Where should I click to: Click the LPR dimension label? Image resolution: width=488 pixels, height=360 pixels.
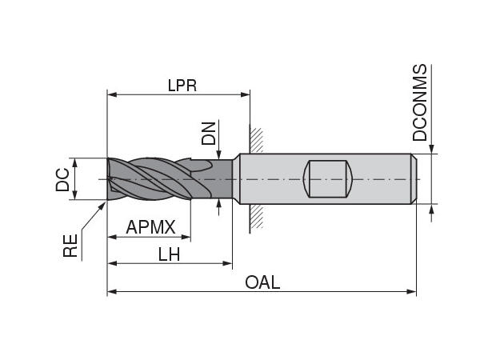182,86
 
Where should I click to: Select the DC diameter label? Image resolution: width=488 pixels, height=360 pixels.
62,179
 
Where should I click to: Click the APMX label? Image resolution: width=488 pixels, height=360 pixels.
150,228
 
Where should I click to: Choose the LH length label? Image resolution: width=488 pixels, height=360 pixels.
169,254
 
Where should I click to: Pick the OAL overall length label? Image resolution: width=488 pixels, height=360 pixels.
262,282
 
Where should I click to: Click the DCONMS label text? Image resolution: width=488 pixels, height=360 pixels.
421,104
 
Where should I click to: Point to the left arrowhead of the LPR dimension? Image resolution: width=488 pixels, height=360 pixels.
112,94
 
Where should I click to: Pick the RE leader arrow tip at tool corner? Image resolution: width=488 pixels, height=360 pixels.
106,202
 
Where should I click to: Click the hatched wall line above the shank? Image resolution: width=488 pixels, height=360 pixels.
255,138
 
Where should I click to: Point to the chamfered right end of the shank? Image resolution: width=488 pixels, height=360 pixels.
413,179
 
